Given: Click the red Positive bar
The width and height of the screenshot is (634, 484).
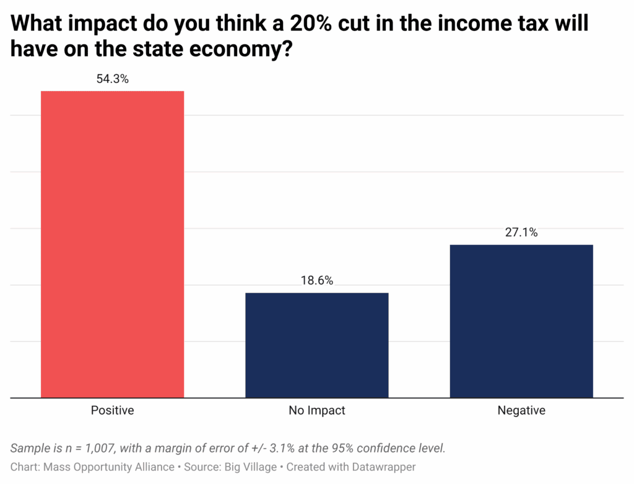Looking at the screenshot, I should click(112, 244).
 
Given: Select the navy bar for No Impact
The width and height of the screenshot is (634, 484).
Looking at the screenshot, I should click(316, 345).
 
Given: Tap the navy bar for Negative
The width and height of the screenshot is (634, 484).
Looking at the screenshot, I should click(521, 321).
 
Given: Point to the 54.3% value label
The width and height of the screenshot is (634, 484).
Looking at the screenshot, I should click(112, 79).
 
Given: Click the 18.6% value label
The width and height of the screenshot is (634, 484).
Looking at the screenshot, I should click(316, 281).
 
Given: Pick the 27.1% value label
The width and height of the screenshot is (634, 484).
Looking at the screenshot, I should click(521, 233).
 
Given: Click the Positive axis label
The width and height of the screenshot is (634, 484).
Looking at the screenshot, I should click(112, 410).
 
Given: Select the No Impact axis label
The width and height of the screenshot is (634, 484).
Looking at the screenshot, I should click(316, 410).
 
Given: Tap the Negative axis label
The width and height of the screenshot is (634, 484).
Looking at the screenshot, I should click(521, 410).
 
